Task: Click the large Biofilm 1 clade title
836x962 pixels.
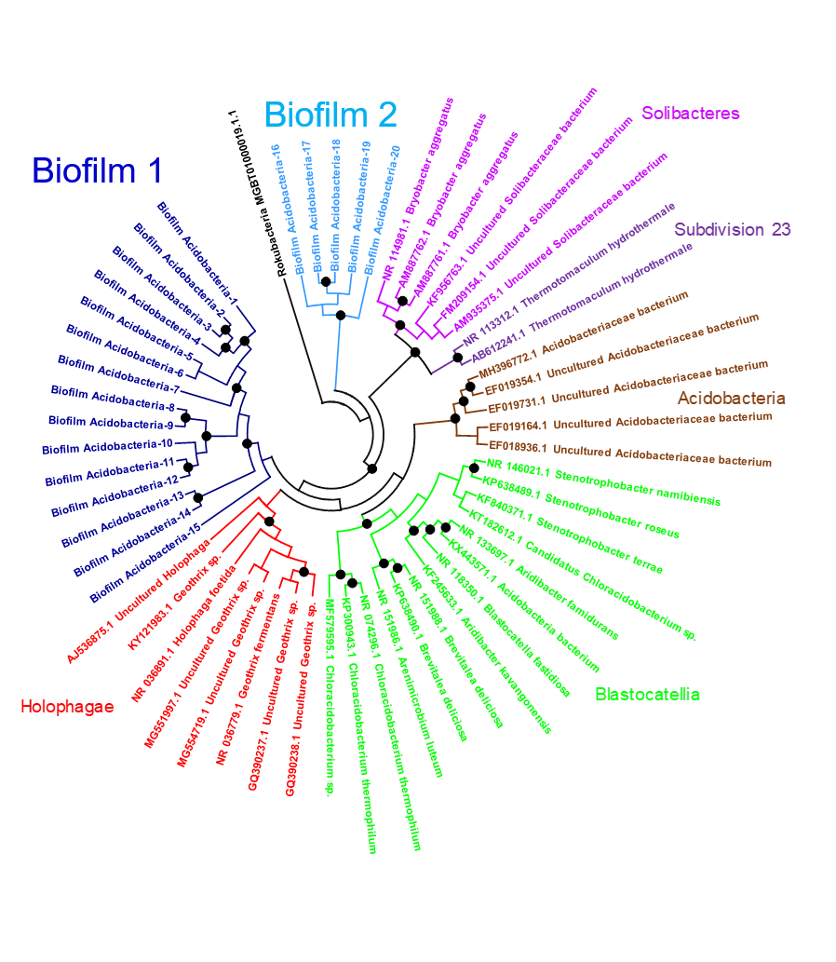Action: click(x=97, y=170)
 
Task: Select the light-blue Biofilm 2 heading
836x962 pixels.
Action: click(x=330, y=115)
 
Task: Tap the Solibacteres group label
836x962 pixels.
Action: click(x=691, y=114)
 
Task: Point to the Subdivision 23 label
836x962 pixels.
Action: click(x=732, y=229)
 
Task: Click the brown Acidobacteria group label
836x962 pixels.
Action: click(x=731, y=399)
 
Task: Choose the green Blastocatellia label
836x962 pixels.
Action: click(x=647, y=694)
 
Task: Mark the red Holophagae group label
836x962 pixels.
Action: click(x=67, y=706)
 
